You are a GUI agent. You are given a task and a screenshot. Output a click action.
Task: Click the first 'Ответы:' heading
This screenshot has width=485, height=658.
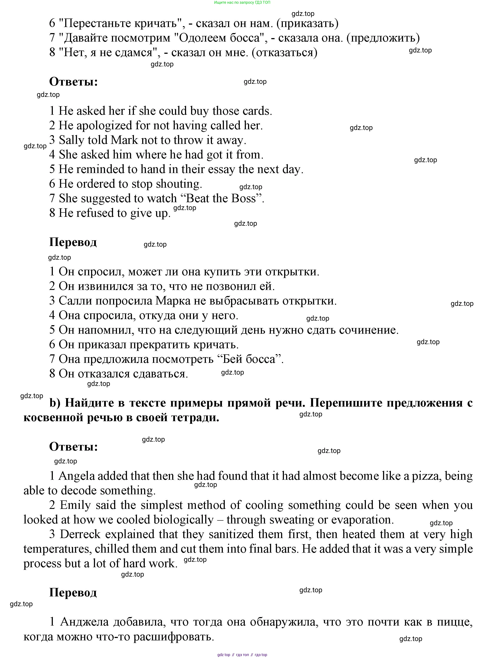coord(73,82)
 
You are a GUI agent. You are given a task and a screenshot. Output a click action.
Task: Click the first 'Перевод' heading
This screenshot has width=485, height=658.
coord(73,242)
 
